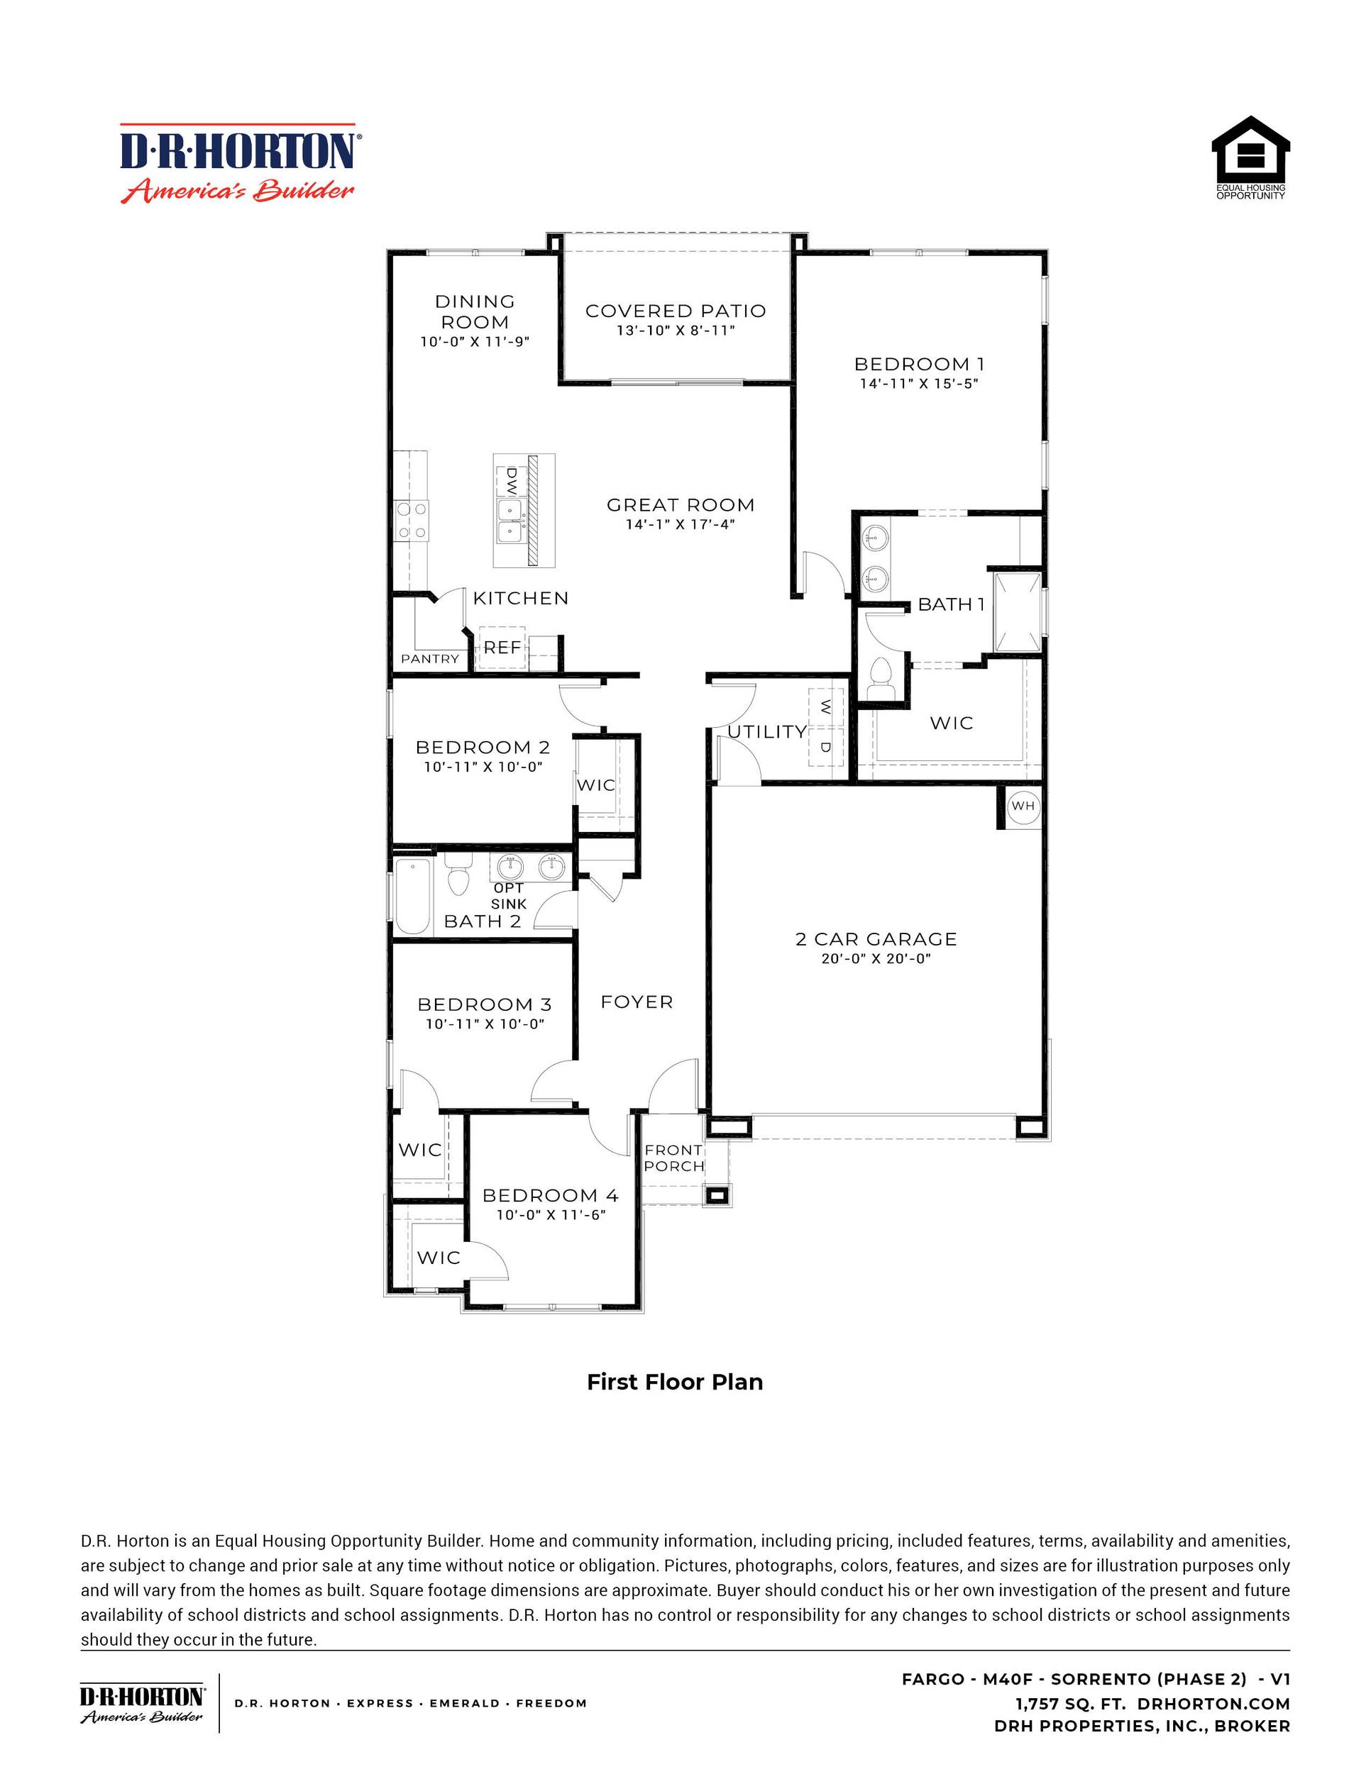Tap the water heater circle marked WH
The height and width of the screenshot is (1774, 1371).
[1023, 806]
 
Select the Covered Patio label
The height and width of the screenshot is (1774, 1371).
[676, 311]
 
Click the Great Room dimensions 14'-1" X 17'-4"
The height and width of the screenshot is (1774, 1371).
[681, 525]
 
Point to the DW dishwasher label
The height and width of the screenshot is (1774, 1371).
[511, 481]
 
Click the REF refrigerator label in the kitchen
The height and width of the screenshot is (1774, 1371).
[502, 648]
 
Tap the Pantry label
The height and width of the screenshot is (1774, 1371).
[430, 659]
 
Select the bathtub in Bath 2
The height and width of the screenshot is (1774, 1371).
[413, 897]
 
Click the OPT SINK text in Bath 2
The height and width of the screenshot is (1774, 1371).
[509, 896]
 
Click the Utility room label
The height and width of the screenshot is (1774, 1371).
[766, 732]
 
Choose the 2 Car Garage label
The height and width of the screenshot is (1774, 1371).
[876, 939]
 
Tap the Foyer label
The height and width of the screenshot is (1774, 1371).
[637, 1002]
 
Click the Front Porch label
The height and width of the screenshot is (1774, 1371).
[673, 1158]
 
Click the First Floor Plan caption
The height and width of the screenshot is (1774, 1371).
[675, 1382]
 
